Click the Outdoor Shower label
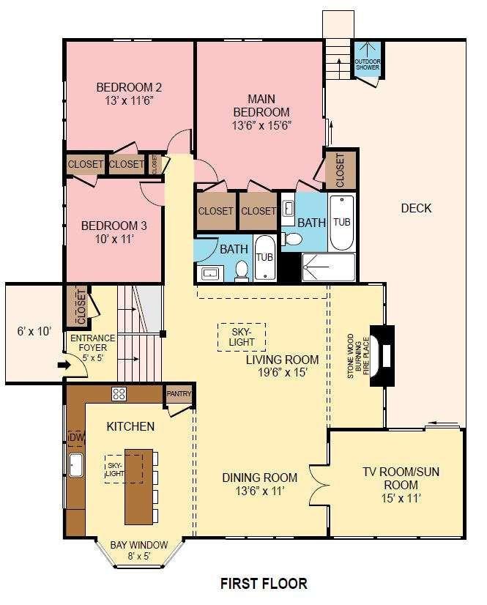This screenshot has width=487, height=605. point(367,64)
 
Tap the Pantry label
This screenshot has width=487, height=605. point(179,393)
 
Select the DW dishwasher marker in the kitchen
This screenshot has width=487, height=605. point(76,438)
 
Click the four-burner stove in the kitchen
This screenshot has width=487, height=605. point(119,394)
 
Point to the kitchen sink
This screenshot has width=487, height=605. point(76,465)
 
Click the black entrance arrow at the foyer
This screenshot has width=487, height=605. point(63,365)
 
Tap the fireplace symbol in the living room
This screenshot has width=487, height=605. point(382,355)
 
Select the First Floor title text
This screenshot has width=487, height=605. point(264,583)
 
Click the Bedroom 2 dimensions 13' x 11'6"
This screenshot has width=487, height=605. point(129,100)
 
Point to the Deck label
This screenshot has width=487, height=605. point(416,208)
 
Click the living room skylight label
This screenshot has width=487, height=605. point(242,337)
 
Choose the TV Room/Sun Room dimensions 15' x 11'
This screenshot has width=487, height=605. point(401,498)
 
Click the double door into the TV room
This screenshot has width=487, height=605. point(318,484)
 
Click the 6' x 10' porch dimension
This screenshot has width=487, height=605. point(34,331)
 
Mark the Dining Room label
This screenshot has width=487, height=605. point(260,478)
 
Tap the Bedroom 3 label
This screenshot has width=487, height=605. point(114,226)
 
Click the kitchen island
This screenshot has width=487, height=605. point(138,486)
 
